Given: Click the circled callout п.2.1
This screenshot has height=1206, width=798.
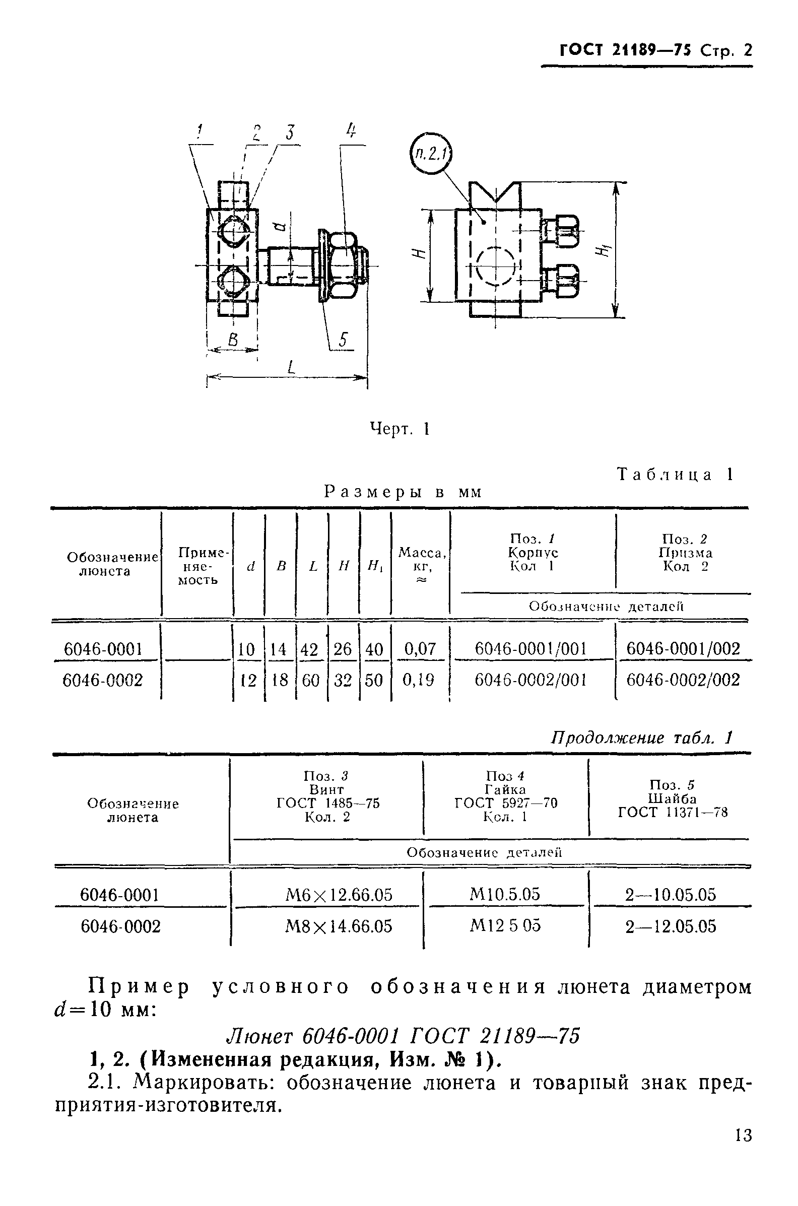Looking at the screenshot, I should (431, 153).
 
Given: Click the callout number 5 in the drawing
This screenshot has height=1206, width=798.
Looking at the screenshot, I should (343, 340).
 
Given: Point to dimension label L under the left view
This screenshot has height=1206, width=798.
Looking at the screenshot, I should (291, 367).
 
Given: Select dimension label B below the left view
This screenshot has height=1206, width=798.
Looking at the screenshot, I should (233, 341).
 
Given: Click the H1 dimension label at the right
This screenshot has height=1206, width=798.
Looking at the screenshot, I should (604, 250).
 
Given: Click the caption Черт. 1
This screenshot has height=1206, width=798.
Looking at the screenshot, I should (399, 429).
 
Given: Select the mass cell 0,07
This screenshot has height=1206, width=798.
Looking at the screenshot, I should (420, 649).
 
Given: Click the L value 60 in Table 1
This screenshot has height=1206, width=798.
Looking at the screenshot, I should (311, 680).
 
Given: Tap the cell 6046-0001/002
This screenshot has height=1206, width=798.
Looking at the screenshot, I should (683, 648).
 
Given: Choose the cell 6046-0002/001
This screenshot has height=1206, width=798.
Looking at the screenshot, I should (530, 680).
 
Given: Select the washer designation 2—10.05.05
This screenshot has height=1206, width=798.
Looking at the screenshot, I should (670, 895).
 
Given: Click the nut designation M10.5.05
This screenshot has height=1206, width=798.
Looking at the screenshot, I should (505, 894).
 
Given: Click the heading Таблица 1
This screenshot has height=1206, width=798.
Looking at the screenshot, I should (675, 475).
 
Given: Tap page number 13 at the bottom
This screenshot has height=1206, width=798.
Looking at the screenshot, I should (744, 1136).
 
